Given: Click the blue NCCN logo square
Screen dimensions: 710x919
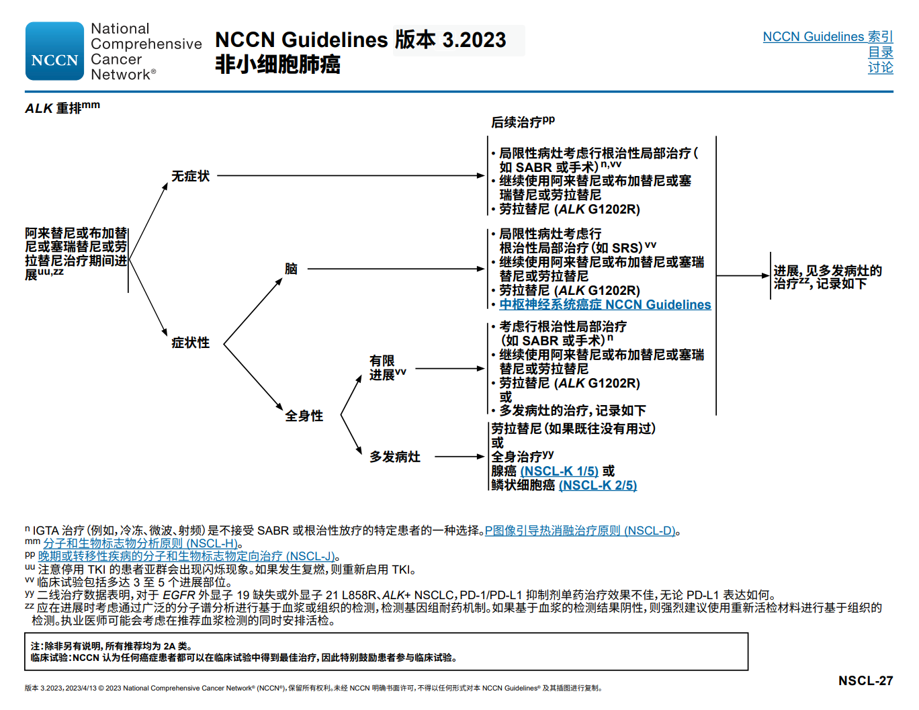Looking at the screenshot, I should [54, 52].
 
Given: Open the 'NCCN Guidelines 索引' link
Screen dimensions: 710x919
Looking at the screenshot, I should [827, 37].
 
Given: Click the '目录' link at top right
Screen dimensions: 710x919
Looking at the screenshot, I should [880, 52].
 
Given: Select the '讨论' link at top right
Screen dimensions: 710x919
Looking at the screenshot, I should [880, 67].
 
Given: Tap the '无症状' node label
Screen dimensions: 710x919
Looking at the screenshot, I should [190, 176].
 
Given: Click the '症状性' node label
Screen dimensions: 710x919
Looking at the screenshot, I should [190, 343].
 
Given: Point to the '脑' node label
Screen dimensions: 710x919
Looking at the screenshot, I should [291, 269].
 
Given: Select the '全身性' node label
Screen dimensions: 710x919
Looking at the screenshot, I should [304, 416].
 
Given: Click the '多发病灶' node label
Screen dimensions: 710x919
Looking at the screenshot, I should [394, 457].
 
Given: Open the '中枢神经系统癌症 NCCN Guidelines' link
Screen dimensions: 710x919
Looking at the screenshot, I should [605, 305].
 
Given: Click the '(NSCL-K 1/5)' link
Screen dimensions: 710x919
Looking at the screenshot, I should [559, 472].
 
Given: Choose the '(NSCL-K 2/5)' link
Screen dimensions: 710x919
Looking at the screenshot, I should [597, 486].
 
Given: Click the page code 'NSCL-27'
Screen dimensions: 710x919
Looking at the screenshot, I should [865, 680].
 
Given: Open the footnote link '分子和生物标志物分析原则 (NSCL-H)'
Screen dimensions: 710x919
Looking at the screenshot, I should [140, 543].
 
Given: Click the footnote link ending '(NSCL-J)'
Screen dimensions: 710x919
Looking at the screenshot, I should [186, 556].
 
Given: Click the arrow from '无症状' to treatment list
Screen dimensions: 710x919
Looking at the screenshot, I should [349, 176].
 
